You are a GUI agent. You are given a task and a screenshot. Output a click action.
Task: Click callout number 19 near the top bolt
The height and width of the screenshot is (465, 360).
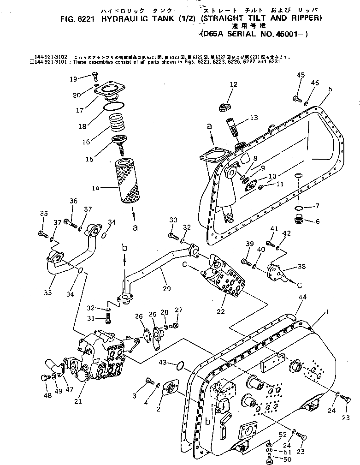73,79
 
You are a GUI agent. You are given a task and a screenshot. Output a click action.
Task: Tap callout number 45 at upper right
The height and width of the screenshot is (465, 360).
301,75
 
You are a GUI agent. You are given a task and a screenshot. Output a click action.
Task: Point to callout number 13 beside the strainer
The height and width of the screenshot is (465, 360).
254,118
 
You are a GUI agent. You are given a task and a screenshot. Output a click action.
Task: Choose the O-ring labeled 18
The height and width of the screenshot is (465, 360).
113,106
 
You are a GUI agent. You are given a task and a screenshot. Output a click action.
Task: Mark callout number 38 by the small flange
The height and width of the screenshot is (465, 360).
301,266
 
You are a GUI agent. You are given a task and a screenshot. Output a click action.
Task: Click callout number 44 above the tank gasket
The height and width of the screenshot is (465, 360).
302,297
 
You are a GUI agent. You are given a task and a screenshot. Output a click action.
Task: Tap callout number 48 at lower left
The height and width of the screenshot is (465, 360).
47,394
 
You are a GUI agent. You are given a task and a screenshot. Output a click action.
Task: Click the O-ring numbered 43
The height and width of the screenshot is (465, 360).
182,367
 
